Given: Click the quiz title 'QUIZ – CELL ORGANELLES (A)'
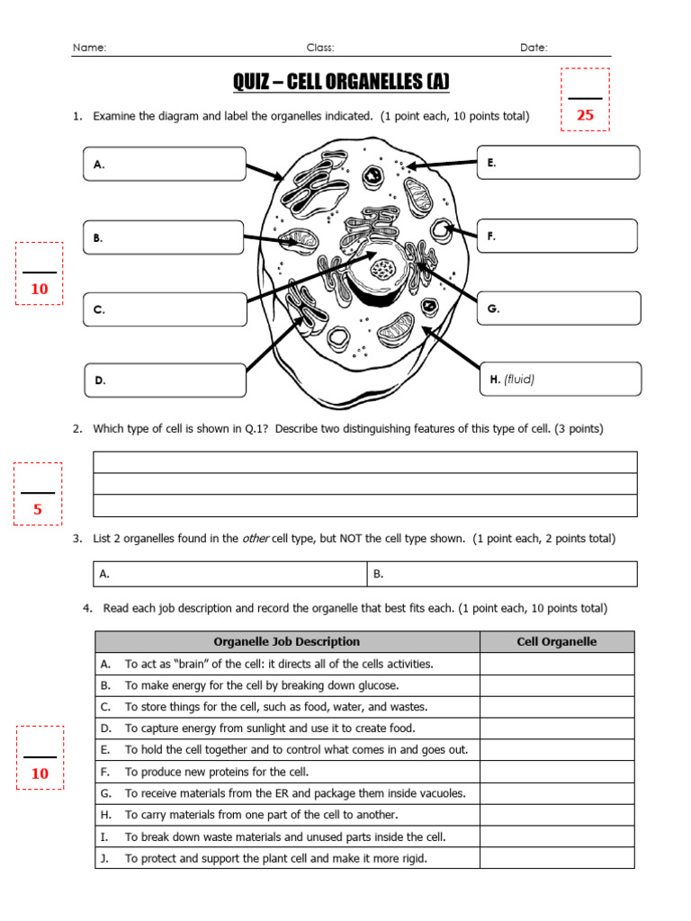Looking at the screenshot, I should point(341,83).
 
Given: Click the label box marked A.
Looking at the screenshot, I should point(165,165).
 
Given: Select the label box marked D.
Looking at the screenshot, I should point(165,380).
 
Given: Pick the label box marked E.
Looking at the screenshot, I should point(558,163).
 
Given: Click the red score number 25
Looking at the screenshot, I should point(585,115).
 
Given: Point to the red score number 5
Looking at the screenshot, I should point(38,510).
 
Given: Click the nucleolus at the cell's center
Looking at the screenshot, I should point(384,268).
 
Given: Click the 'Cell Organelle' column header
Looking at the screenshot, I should point(556,641).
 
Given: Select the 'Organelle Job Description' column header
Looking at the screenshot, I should point(287,641).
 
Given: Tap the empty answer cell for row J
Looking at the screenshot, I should point(556,858).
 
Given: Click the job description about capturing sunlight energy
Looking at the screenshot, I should point(270,729).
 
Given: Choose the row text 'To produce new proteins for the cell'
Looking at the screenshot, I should point(217,772).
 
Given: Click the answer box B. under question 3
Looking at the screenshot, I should point(501,574).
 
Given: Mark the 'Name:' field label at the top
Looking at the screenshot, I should point(89,48).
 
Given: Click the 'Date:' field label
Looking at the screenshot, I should point(534,48).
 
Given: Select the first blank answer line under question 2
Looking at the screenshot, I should point(365,462).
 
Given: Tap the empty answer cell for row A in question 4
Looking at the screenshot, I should point(556,664).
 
